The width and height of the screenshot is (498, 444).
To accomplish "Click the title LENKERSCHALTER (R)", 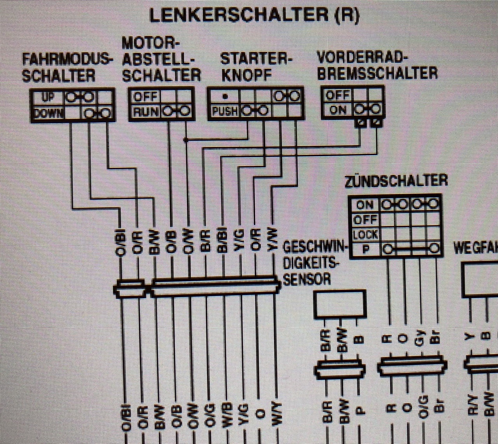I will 254,15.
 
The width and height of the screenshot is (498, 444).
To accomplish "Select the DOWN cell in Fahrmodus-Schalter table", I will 47,113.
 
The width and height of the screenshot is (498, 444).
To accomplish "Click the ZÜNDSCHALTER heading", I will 396,181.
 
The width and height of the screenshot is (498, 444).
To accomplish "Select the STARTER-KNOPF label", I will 256,67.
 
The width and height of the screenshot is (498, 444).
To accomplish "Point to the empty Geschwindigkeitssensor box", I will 340,303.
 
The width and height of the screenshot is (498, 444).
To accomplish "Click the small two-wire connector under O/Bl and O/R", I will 130,289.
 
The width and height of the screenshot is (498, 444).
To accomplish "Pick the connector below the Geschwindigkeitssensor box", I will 340,368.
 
